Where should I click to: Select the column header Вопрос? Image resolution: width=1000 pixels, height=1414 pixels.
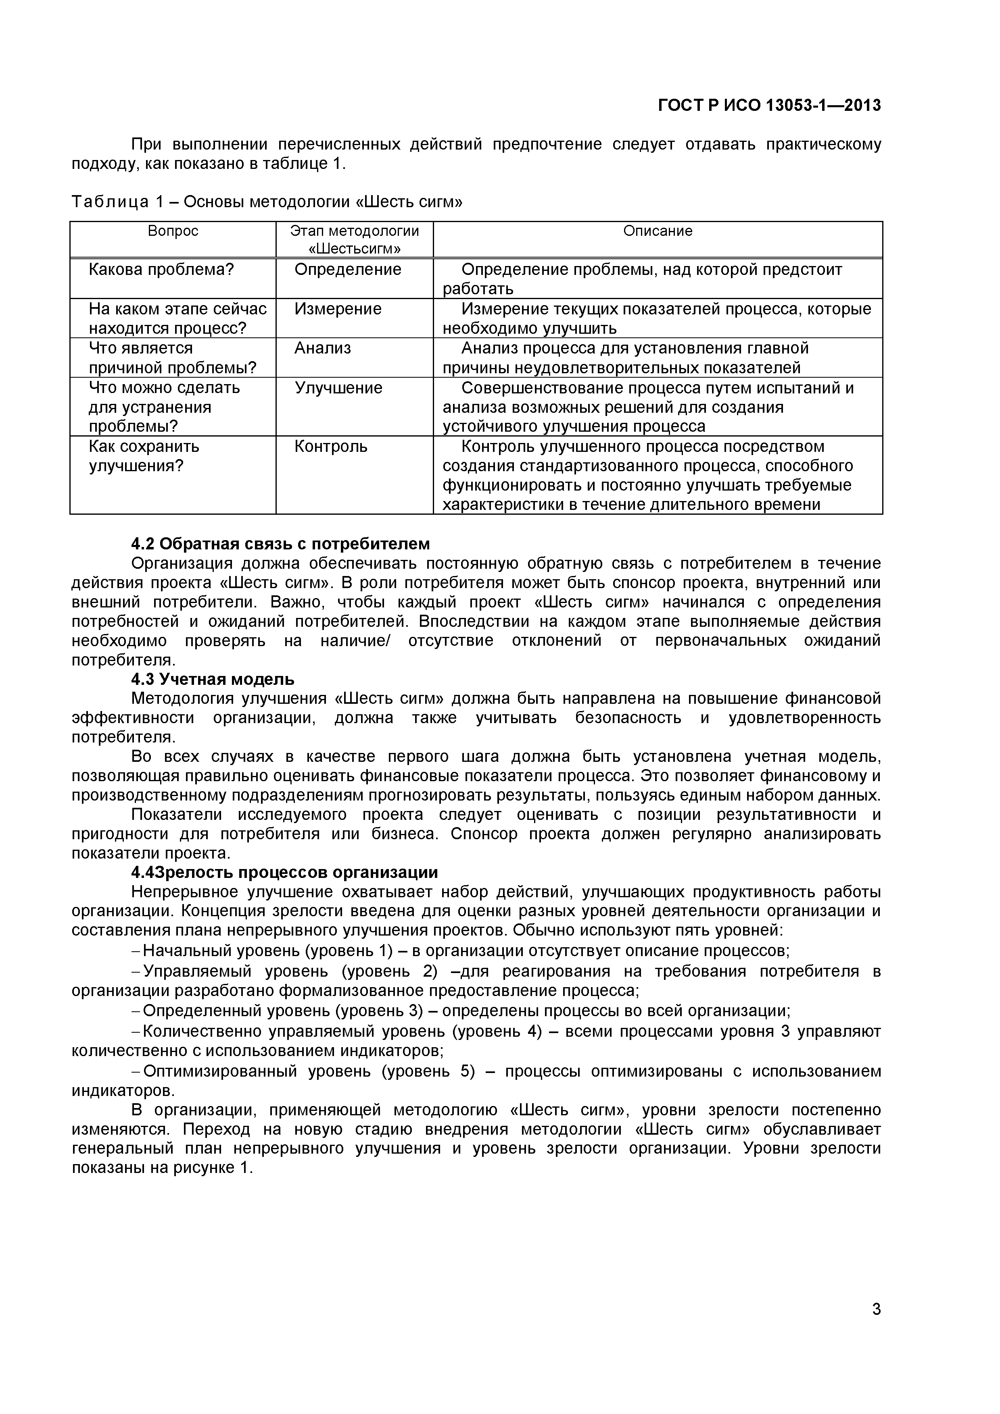click(173, 231)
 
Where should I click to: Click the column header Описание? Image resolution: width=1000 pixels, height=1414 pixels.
click(658, 231)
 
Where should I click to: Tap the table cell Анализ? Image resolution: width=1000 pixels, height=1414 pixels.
click(322, 348)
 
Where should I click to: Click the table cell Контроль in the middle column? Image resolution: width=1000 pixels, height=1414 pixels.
click(330, 446)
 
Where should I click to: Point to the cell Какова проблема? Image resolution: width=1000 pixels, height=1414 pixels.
click(161, 269)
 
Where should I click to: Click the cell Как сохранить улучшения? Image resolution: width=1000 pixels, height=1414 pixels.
click(144, 456)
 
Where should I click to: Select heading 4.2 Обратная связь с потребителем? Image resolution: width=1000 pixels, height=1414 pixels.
click(280, 544)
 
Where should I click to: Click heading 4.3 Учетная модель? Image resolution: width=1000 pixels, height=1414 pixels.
click(213, 679)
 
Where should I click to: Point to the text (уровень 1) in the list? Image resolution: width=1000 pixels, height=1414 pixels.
click(349, 950)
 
